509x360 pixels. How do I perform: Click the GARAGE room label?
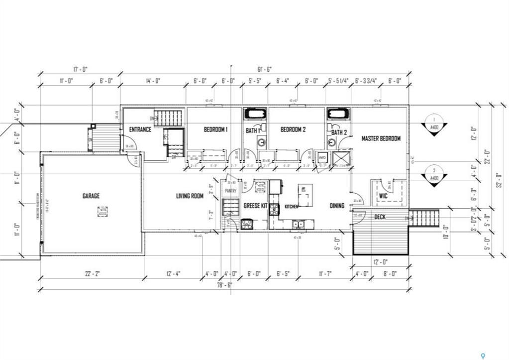(x=91, y=196)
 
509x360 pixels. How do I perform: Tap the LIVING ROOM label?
(x=190, y=196)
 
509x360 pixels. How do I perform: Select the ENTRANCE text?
(x=140, y=130)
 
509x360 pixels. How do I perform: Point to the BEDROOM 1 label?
(x=215, y=130)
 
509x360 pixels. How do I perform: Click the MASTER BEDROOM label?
(x=381, y=138)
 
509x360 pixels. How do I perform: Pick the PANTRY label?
(x=230, y=191)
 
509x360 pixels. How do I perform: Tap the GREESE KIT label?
(x=255, y=206)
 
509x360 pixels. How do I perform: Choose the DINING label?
(x=337, y=206)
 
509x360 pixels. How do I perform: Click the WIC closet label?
(x=383, y=196)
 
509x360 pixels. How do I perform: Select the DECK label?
(x=380, y=217)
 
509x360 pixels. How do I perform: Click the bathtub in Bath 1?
(x=255, y=114)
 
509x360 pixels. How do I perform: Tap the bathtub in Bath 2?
(x=338, y=114)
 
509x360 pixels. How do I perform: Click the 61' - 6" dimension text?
(x=264, y=69)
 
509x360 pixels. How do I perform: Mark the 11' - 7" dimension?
(x=325, y=273)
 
